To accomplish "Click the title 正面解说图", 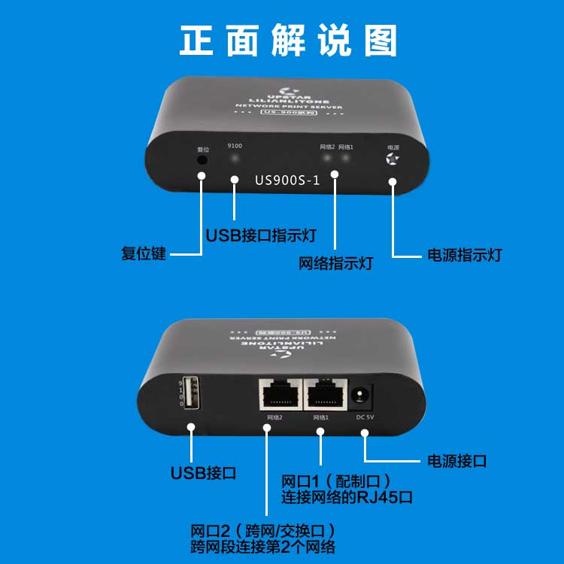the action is (x=288, y=41).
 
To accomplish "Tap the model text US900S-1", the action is (x=287, y=180).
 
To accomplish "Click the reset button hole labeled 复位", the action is (x=202, y=159).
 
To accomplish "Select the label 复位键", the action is (x=143, y=253).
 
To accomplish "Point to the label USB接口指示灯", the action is (x=260, y=235).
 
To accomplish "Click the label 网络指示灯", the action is (x=335, y=264).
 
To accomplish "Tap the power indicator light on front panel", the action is (x=392, y=159).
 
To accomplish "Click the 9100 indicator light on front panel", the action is (x=235, y=159).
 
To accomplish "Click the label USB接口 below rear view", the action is (x=203, y=473).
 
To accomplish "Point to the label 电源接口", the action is (x=456, y=460).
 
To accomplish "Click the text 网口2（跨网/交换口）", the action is (x=263, y=530).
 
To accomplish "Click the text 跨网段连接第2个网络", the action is (x=263, y=547).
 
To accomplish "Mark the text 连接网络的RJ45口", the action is (x=347, y=497).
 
